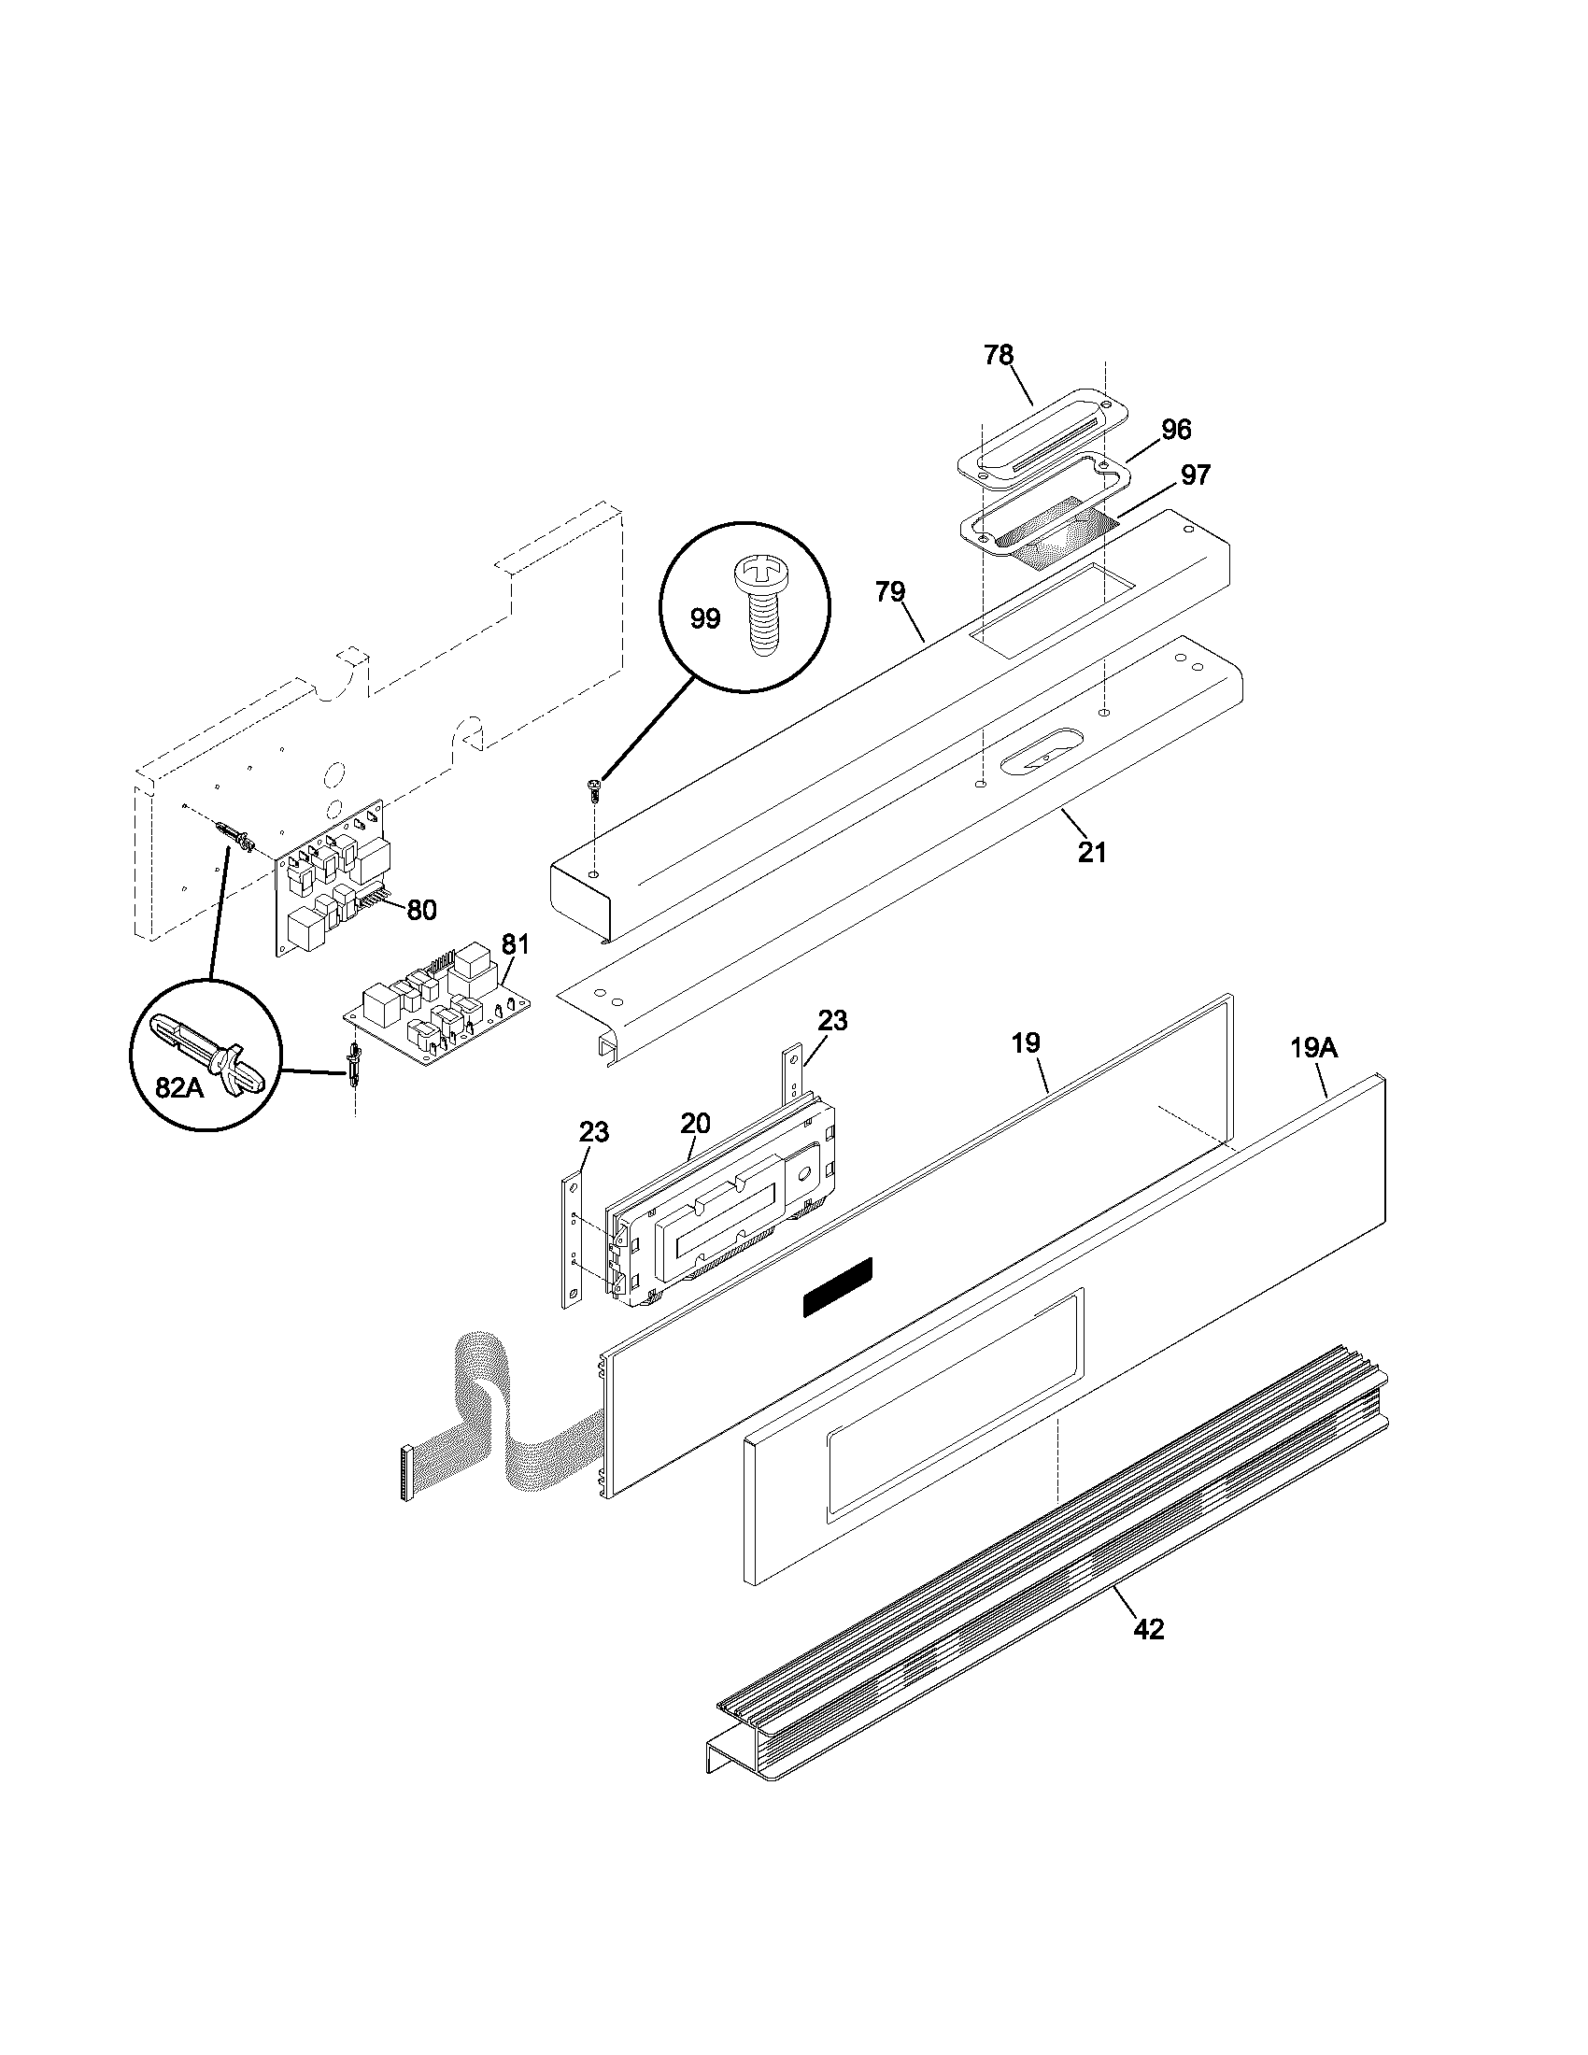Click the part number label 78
tap(999, 356)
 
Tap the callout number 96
tap(1176, 430)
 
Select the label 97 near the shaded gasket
tap(1195, 475)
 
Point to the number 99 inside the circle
tap(704, 618)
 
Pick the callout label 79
tap(889, 592)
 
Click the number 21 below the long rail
tap(1092, 853)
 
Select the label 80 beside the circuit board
tap(422, 910)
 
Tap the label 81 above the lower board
tap(515, 943)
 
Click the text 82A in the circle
tap(178, 1086)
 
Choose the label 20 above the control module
tap(695, 1123)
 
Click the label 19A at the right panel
tap(1313, 1048)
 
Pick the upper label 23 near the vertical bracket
tap(831, 1020)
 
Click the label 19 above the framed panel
tap(1026, 1042)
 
